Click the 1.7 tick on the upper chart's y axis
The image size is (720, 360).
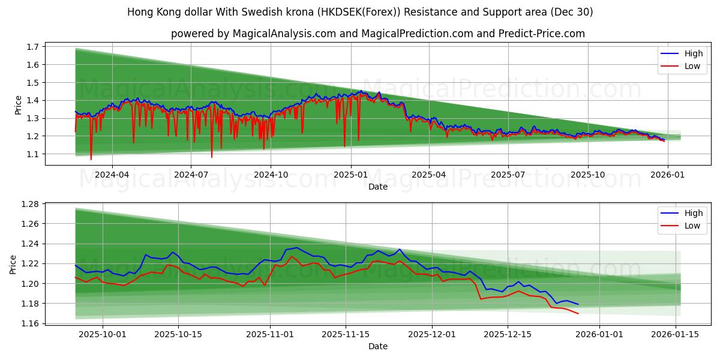tap(33, 47)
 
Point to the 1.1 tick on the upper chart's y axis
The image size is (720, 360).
tap(33, 154)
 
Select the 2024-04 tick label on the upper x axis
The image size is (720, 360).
tap(112, 175)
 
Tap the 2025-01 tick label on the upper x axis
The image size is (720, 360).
tap(350, 175)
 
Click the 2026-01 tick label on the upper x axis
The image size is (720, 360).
tap(667, 175)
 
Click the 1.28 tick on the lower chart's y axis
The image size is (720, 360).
tap(30, 204)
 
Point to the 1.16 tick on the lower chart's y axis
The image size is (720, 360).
tap(30, 323)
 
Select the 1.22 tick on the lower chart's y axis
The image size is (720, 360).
tap(30, 263)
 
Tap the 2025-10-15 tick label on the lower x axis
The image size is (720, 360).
tap(178, 334)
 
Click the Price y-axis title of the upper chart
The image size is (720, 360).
tap(18, 105)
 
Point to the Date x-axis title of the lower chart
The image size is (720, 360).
tap(378, 346)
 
